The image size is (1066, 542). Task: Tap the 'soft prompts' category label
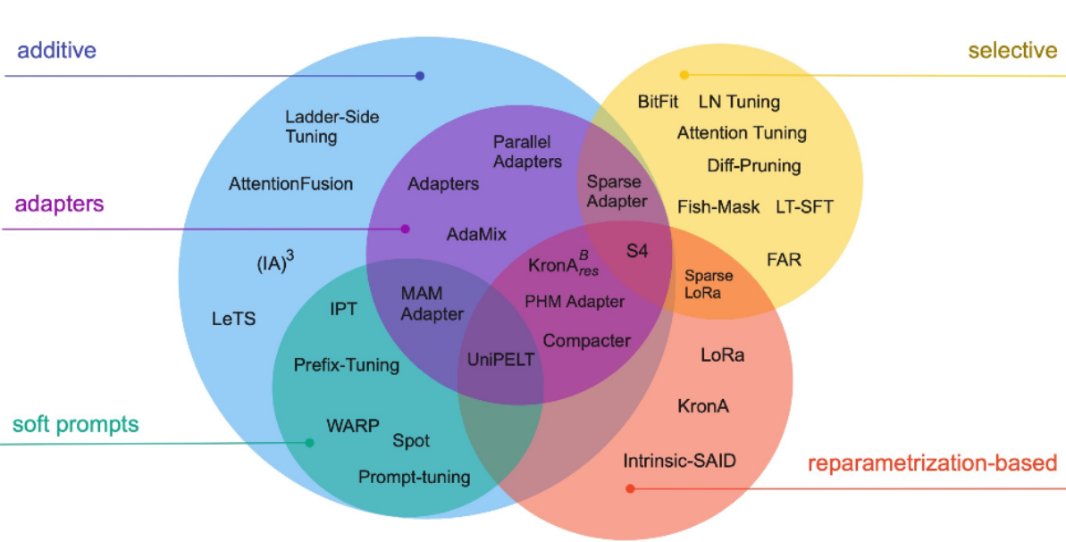click(x=75, y=423)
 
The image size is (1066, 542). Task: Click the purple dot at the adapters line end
click(x=405, y=229)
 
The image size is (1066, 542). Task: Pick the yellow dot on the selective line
click(x=684, y=75)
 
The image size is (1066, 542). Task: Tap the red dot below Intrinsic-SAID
click(x=630, y=488)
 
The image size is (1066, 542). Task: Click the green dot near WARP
click(x=309, y=443)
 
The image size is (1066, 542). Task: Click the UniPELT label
click(x=500, y=360)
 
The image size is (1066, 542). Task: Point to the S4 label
click(x=636, y=251)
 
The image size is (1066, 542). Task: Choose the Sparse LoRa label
click(x=709, y=284)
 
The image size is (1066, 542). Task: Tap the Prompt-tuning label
click(x=414, y=478)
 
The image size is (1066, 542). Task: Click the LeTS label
click(x=234, y=318)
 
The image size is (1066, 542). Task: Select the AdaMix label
click(x=476, y=235)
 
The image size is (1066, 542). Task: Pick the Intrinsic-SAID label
click(x=679, y=462)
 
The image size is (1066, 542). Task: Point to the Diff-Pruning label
click(x=753, y=165)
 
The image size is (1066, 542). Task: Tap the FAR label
click(x=784, y=260)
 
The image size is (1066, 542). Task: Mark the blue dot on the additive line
click(x=420, y=76)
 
